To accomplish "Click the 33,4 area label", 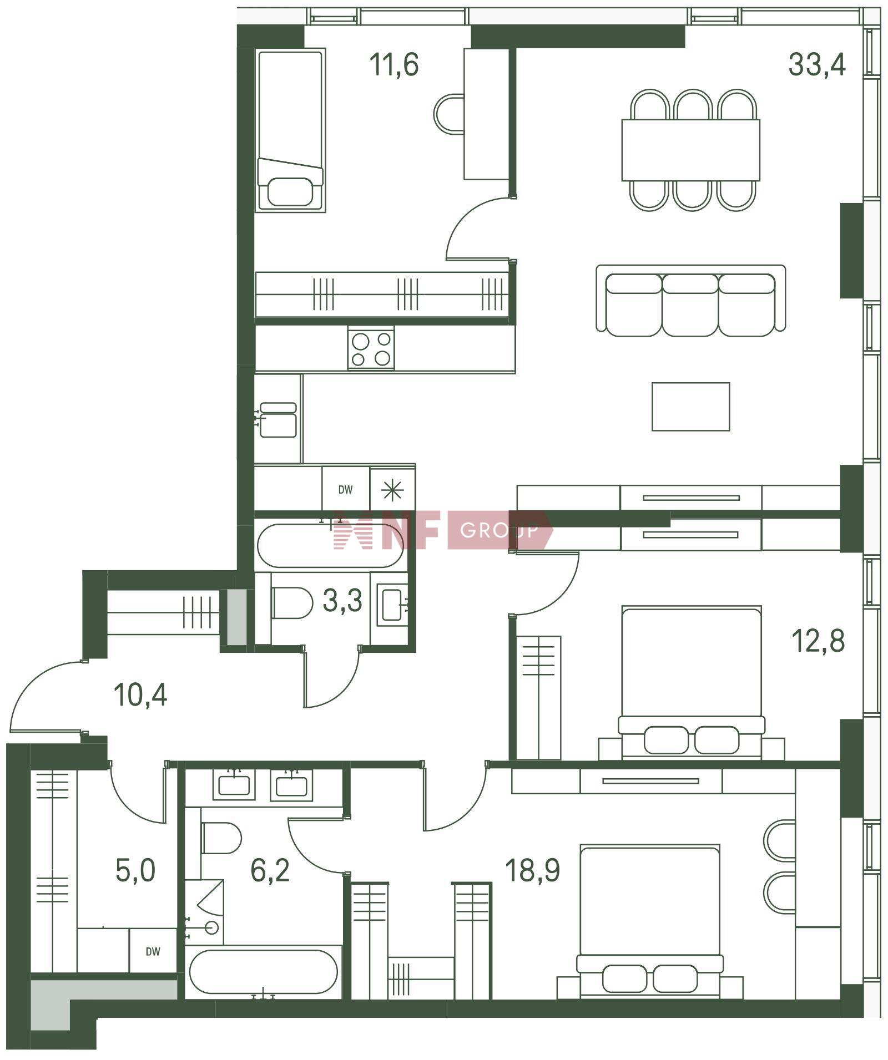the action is pyautogui.click(x=817, y=64).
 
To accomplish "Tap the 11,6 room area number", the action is pyautogui.click(x=394, y=64).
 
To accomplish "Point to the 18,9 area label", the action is pyautogui.click(x=533, y=870).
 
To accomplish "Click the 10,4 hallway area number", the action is pyautogui.click(x=140, y=694).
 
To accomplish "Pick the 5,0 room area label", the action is pyautogui.click(x=135, y=870).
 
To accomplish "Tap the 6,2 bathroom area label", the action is pyautogui.click(x=270, y=870).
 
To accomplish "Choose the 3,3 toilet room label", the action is pyautogui.click(x=342, y=600).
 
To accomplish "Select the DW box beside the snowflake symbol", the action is pyautogui.click(x=346, y=489).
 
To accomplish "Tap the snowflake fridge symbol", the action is pyautogui.click(x=392, y=489).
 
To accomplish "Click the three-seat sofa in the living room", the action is pyautogui.click(x=691, y=301).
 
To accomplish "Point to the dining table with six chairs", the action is pyautogui.click(x=691, y=150).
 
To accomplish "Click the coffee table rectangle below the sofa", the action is pyautogui.click(x=691, y=407).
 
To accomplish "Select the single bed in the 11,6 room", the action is pyautogui.click(x=291, y=130).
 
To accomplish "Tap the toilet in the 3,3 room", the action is pyautogui.click(x=292, y=602).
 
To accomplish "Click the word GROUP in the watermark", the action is pyautogui.click(x=500, y=531).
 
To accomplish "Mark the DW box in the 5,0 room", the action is pyautogui.click(x=153, y=951).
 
